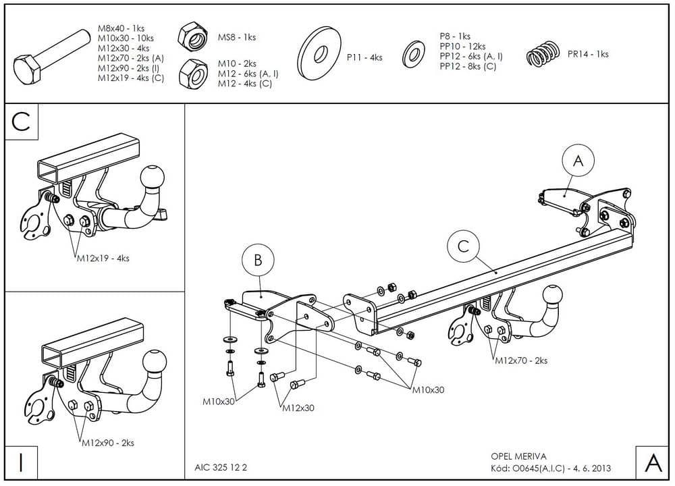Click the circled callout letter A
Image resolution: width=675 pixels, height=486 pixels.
[x=578, y=161]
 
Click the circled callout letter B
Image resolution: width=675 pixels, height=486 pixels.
[x=258, y=259]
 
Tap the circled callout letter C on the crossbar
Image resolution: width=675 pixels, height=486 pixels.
[x=463, y=246]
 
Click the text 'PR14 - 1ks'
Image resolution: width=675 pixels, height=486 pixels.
[x=588, y=54]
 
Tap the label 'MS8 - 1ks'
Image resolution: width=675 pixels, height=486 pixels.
[x=236, y=38]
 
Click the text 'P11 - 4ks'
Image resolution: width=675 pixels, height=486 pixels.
[x=364, y=58]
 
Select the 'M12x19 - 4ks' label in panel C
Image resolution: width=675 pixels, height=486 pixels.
[x=101, y=258]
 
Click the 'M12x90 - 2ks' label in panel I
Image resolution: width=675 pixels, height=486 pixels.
[x=108, y=443]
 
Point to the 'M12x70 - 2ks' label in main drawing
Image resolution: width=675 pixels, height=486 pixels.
[x=521, y=360]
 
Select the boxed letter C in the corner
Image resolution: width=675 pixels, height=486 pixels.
[x=22, y=122]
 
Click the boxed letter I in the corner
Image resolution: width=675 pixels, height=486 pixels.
[x=22, y=464]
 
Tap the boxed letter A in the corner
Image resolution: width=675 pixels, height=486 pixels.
[x=653, y=464]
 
